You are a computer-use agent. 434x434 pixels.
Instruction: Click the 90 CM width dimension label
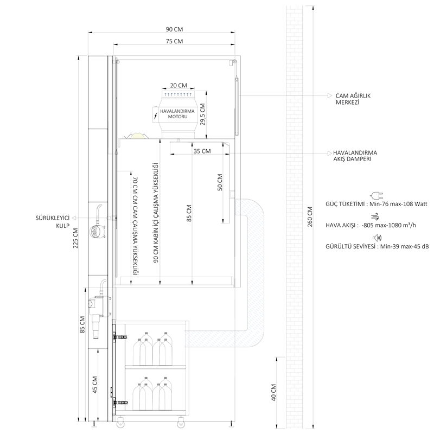coord(174,29)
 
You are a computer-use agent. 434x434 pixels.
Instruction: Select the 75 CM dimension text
coord(174,41)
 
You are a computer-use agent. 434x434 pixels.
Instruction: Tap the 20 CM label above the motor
coord(178,85)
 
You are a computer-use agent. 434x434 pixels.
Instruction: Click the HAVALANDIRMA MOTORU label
coord(177,114)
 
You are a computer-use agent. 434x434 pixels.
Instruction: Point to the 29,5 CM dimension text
coord(202,114)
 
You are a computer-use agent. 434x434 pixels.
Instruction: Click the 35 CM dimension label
coord(202,151)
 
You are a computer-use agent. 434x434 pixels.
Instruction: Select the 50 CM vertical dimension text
coord(220,182)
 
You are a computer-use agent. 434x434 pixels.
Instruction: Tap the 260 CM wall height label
coord(310,216)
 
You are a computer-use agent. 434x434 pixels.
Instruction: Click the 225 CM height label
coord(75,238)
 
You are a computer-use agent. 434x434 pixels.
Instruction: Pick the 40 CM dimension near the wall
coord(273,392)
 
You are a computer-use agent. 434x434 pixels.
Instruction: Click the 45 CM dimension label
coord(95,385)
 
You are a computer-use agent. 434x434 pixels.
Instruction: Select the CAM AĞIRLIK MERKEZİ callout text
coord(353,99)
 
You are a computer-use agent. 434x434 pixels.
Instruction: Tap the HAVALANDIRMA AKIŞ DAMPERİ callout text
coord(355,156)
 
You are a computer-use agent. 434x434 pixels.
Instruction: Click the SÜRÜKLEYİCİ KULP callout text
coord(53,222)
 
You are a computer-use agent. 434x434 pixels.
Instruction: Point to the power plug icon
coord(376,196)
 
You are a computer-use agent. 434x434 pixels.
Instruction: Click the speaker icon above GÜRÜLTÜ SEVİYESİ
coord(377,238)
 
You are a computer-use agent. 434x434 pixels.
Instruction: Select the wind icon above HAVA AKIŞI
coord(376,216)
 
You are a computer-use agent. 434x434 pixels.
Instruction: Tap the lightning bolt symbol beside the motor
coord(156,116)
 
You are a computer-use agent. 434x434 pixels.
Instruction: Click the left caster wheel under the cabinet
coord(120,423)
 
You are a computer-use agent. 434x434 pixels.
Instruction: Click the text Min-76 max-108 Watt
coord(398,204)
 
